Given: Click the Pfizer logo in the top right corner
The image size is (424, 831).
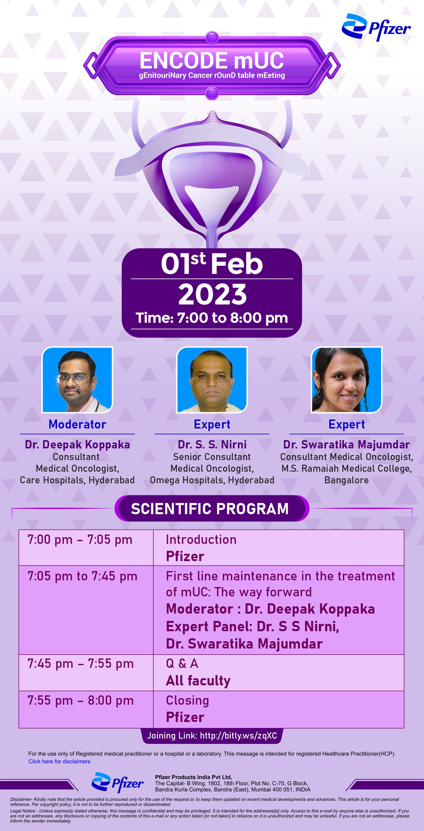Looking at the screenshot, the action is click(376, 27).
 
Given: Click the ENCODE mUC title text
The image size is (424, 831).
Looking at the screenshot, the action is click(212, 60).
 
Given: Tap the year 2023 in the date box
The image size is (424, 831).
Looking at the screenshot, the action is click(212, 294).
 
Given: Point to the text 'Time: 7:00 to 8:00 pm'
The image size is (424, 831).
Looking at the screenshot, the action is click(212, 318).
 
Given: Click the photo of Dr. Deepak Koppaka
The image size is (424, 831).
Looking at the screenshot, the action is click(77, 380).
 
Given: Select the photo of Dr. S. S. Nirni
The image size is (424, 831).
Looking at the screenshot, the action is click(212, 380).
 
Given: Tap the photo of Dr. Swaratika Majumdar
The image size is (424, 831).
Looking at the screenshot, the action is click(347, 380).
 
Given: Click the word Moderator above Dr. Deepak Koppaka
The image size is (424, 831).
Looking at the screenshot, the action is click(77, 424).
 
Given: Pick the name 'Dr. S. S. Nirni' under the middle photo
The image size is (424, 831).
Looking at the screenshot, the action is click(212, 444).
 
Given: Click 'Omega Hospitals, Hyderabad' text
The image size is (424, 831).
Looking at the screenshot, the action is click(212, 480).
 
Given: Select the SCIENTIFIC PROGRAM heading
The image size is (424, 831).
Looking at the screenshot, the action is click(210, 509).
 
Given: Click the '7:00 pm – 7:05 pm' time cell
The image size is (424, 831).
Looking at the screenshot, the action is click(80, 540).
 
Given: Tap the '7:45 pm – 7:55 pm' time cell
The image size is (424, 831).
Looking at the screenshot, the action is click(80, 664).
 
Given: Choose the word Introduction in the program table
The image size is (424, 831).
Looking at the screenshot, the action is click(201, 539).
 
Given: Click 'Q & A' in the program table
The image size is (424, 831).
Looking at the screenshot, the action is click(182, 663).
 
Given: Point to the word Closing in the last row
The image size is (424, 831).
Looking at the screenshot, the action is click(188, 701).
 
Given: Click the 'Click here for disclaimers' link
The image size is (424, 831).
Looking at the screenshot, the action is click(59, 761).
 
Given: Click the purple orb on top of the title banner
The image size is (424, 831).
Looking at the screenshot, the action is click(212, 38).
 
